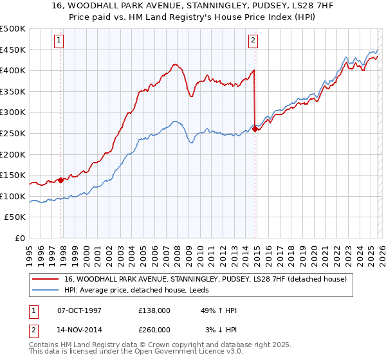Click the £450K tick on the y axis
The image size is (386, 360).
pos(13,50)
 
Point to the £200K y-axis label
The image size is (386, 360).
pos(13,154)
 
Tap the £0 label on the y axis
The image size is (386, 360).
pos(21,238)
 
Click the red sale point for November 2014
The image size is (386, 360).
pos(255,129)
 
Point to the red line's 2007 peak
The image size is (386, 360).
pos(174,64)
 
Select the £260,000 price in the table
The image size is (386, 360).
pos(154,329)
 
